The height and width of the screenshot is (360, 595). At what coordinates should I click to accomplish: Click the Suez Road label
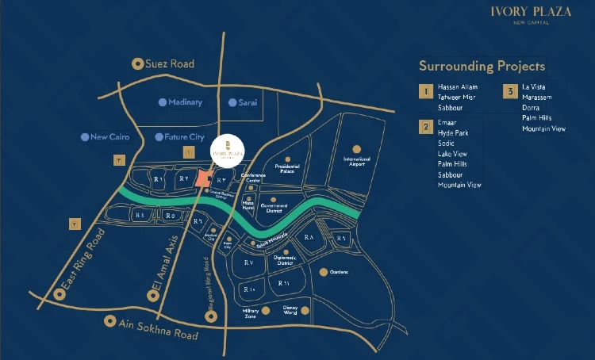click(170, 63)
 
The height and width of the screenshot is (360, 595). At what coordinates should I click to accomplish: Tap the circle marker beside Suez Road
click(138, 63)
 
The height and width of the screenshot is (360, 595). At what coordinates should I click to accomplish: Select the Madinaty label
click(186, 102)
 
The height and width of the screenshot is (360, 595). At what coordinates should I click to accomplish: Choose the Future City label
click(185, 137)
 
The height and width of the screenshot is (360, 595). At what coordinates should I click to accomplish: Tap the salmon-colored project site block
click(205, 178)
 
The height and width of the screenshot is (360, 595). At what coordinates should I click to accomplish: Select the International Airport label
click(356, 161)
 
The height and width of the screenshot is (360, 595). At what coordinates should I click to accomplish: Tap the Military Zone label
click(251, 315)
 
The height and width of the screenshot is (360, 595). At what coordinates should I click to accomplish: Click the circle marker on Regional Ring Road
click(211, 316)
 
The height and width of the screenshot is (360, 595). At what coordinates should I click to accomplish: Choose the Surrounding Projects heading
click(482, 66)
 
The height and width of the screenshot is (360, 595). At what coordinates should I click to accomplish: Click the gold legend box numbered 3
click(510, 90)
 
